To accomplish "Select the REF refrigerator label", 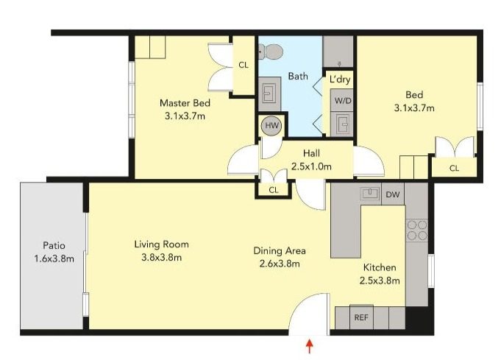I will pos(361,318).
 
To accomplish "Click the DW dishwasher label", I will pos(393,195).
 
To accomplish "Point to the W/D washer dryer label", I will pos(342,100).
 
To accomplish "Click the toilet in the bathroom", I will pos(272,51).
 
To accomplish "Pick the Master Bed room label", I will pos(185,103).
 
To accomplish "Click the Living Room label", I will pos(161,244).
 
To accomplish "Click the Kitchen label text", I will pos(380,267).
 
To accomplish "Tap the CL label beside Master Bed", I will pos(244,66).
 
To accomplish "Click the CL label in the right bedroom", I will pos(454,169).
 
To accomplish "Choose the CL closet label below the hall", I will pos(274,190).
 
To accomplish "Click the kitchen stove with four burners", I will pos(417,230).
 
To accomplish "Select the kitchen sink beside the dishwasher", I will pos(369,194).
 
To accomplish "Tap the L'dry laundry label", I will pos(340,78).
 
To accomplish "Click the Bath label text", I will pos(298,76).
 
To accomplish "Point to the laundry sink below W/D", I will pos(341,123).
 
